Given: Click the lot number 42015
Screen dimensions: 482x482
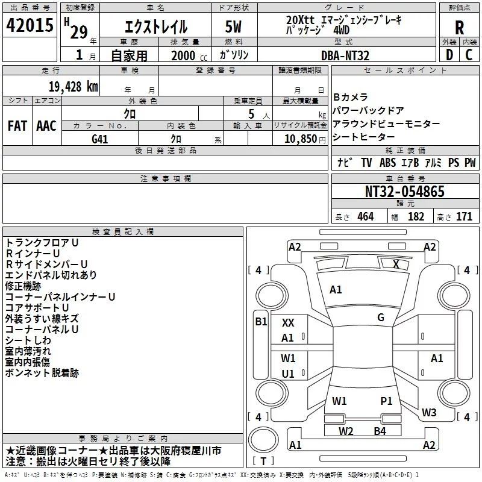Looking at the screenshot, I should [30, 27].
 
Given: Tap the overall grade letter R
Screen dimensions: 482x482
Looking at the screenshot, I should [459, 27].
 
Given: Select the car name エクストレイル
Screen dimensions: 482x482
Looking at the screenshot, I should [155, 27].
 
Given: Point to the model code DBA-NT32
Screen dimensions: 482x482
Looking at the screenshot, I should [345, 55].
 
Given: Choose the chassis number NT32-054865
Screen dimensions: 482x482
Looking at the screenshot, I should [405, 192].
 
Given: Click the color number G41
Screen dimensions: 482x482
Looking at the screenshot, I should [100, 139].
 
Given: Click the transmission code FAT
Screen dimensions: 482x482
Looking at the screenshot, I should [17, 126].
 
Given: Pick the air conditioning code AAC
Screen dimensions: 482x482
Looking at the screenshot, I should [46, 126].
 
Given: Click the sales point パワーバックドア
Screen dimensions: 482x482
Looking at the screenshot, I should [369, 110].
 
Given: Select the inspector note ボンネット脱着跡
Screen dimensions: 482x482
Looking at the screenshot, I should [42, 373].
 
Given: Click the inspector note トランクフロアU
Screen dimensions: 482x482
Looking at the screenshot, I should [42, 242].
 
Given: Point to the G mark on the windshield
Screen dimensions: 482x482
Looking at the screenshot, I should [381, 318].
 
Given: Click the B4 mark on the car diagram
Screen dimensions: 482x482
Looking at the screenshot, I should [380, 431].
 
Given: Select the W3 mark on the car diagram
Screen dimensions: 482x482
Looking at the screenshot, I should [429, 413].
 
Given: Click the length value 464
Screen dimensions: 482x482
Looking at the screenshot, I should [365, 217].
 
